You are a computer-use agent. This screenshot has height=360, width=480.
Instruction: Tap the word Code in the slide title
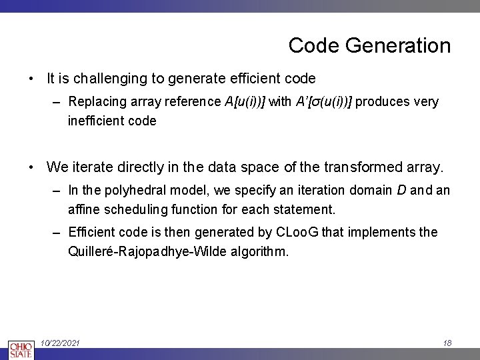(308, 46)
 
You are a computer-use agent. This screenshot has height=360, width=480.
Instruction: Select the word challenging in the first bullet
(111, 79)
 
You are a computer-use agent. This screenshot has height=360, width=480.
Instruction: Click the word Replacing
(95, 102)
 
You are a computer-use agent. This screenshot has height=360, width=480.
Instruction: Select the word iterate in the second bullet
(89, 166)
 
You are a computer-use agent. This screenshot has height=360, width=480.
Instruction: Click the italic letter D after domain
(401, 190)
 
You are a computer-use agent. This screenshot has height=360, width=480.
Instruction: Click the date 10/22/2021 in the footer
(61, 343)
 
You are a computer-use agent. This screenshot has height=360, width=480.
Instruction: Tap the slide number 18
(447, 343)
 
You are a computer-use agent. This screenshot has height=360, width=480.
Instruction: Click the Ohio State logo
(21, 350)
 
